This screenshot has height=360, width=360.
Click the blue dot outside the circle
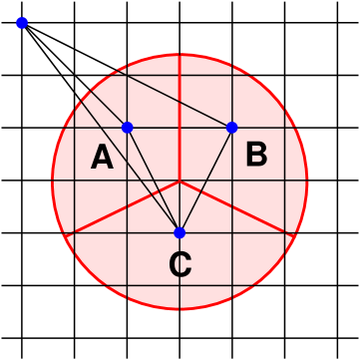click(x=22, y=23)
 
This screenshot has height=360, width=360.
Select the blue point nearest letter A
click(x=127, y=128)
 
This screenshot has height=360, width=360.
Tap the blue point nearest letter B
click(x=232, y=128)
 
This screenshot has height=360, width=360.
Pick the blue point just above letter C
click(x=180, y=232)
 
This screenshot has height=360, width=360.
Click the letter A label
click(x=102, y=158)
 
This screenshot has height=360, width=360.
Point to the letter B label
click(x=256, y=155)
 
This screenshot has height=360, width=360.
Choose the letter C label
click(x=180, y=265)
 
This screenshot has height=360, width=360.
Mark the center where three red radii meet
click(x=180, y=180)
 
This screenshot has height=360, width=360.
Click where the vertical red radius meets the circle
click(x=180, y=54)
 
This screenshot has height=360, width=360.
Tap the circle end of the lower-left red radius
click(x=66, y=235)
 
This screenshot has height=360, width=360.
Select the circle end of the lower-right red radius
click(x=295, y=235)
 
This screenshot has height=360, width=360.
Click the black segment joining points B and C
click(x=206, y=180)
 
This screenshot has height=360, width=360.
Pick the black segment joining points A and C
click(x=153, y=180)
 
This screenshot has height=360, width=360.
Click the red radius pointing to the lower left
click(x=123, y=207)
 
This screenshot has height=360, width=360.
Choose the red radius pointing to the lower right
click(x=237, y=207)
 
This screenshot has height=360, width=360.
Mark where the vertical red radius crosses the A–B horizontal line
click(x=180, y=128)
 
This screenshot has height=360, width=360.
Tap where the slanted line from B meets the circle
click(x=113, y=68)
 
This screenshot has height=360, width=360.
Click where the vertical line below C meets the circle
click(x=180, y=308)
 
